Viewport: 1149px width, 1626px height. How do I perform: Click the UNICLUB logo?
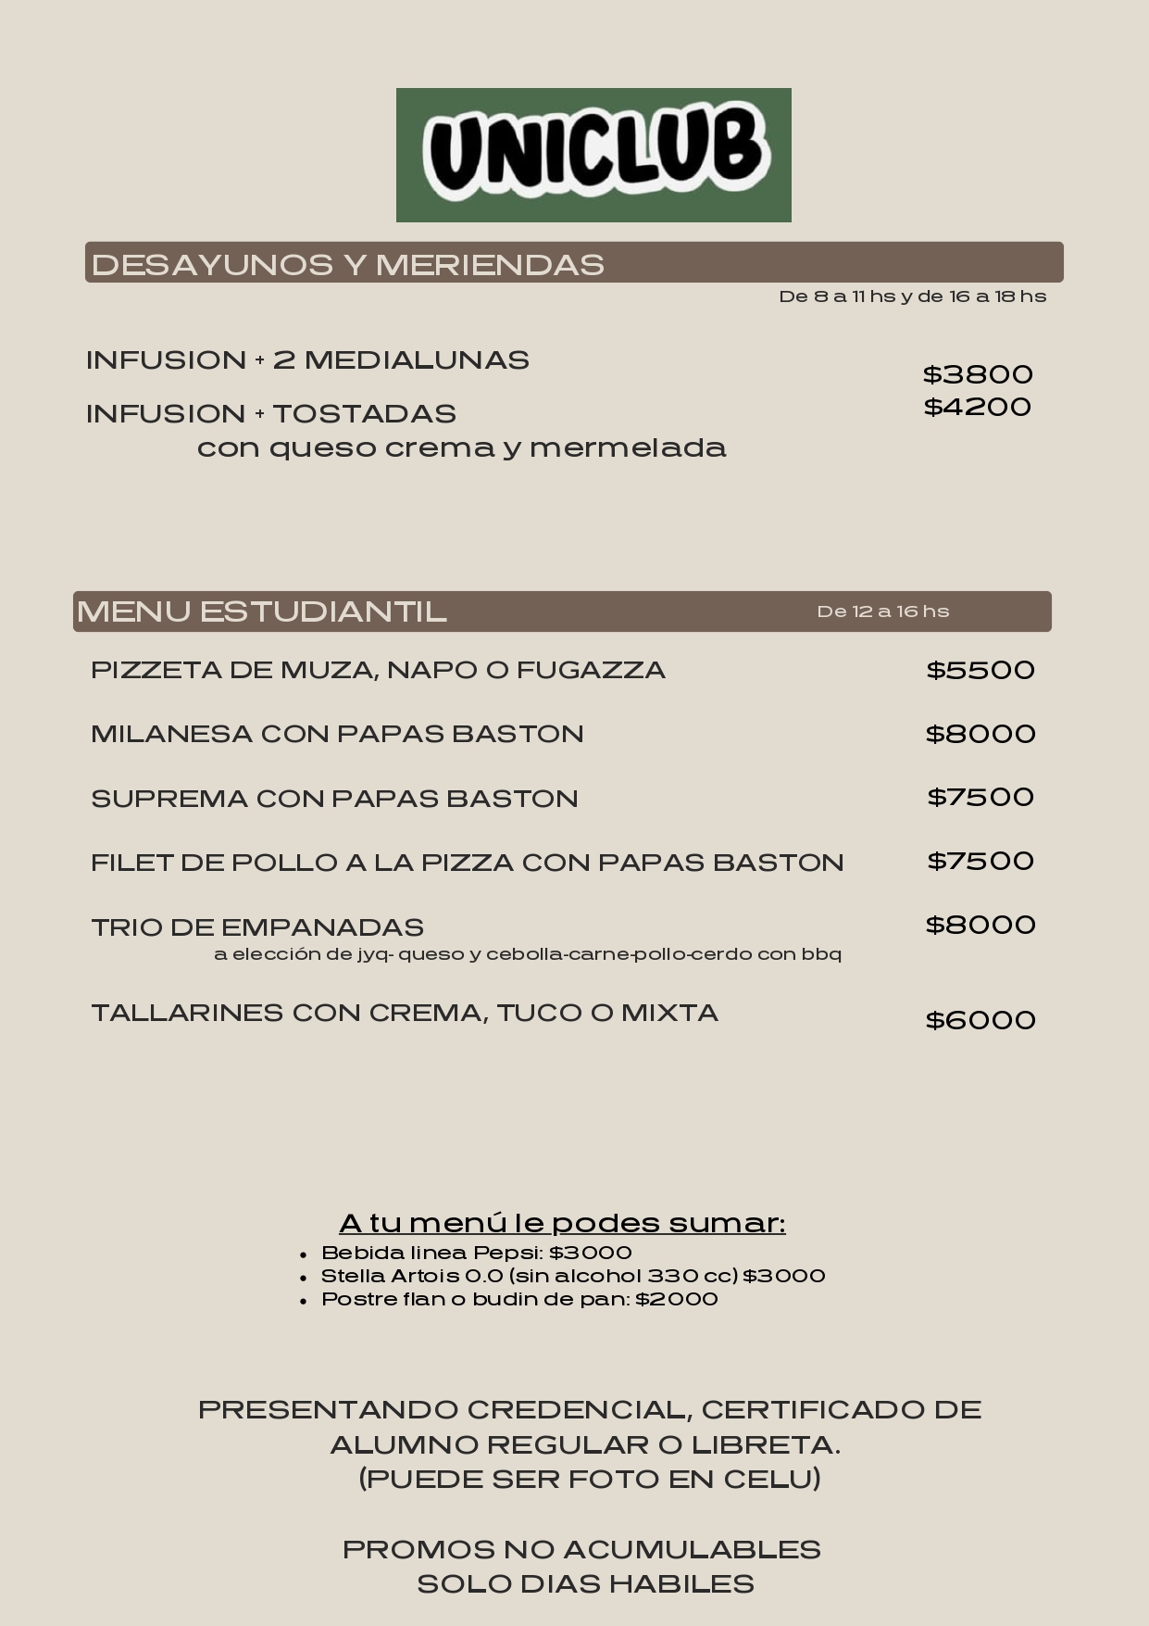pos(593,155)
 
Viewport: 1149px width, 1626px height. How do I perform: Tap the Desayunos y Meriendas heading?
pos(348,265)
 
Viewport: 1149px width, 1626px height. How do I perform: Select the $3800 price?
pos(978,374)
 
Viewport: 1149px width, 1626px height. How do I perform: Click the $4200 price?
pos(978,407)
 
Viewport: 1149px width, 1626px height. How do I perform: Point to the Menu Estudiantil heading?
pos(262,611)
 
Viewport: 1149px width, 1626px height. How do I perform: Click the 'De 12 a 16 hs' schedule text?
pos(883,611)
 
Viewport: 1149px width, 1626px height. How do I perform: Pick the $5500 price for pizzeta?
pos(980,670)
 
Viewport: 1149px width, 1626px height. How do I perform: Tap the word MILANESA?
pos(171,734)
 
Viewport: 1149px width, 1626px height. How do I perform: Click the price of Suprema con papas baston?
pos(980,797)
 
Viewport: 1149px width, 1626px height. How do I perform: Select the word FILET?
pos(131,863)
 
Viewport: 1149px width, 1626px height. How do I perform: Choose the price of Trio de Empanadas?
pos(980,925)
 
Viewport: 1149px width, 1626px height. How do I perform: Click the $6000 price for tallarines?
pos(980,1020)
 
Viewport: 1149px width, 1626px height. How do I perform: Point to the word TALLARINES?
pos(187,1013)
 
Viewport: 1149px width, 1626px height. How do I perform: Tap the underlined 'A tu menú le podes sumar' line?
pos(562,1223)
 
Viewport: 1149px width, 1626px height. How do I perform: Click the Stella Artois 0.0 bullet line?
pos(573,1276)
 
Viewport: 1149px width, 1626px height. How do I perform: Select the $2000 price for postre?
pos(677,1299)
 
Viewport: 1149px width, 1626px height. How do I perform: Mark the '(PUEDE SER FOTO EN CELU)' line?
pos(590,1479)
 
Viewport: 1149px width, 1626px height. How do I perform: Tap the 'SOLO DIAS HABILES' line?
pos(585,1584)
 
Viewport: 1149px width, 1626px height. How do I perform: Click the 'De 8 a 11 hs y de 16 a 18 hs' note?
pos(913,296)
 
